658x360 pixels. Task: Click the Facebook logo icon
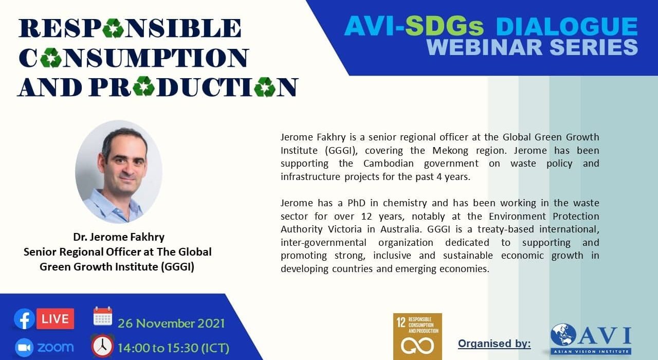click(24, 319)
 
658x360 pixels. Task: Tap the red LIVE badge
click(55, 319)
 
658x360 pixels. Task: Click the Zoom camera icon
click(24, 347)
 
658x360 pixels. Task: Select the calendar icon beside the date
click(103, 316)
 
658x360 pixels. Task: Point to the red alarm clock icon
click(102, 346)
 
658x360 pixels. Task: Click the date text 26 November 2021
click(171, 323)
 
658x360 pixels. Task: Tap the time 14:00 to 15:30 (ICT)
click(173, 348)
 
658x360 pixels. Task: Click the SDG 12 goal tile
click(417, 336)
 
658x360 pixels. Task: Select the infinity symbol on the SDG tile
click(417, 346)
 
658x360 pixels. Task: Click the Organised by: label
click(495, 344)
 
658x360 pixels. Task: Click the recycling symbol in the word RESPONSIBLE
click(114, 28)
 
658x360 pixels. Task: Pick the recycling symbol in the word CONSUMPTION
click(51, 58)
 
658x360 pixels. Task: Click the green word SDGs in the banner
click(444, 26)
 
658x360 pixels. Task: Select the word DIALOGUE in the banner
click(567, 26)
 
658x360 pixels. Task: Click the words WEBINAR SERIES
click(532, 47)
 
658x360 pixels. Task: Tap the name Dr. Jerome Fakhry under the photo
click(119, 237)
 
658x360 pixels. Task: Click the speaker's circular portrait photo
click(119, 171)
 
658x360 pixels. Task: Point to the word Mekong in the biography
click(450, 151)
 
